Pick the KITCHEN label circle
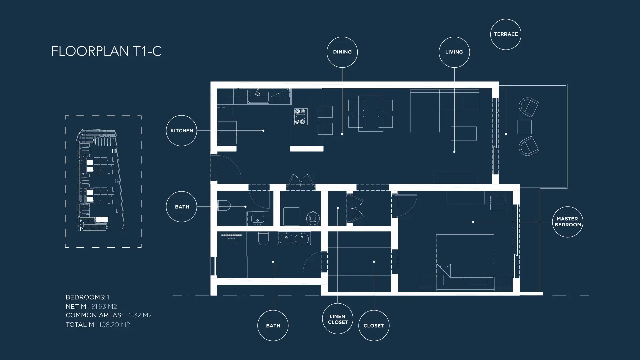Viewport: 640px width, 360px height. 167,131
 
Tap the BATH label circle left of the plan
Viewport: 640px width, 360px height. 167,207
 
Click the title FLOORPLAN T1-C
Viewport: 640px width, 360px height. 106,51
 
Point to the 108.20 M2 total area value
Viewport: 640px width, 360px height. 114,325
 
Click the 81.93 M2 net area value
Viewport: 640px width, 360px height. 104,306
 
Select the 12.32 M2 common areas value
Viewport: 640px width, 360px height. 139,315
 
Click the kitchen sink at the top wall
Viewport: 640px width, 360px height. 258,97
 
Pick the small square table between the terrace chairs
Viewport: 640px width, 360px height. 524,127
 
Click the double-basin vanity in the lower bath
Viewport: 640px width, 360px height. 294,238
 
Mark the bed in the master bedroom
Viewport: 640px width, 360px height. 465,260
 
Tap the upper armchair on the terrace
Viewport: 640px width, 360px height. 529,107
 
